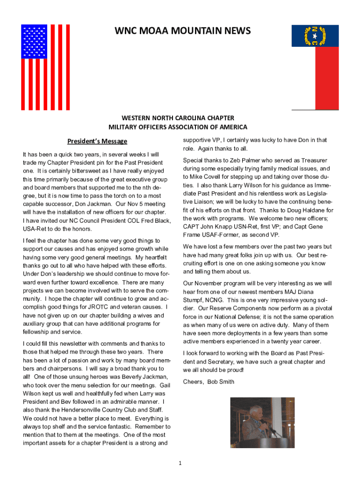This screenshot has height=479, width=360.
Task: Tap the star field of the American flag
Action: click(34, 42)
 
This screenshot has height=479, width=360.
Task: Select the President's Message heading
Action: click(97, 141)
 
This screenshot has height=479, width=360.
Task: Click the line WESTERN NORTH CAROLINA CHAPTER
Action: click(178, 118)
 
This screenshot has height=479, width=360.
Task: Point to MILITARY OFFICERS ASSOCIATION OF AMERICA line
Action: click(178, 127)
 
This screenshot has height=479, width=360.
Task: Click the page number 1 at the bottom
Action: click(180, 463)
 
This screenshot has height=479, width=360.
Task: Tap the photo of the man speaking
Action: click(263, 422)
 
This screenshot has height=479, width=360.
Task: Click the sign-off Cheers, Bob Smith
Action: click(209, 382)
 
